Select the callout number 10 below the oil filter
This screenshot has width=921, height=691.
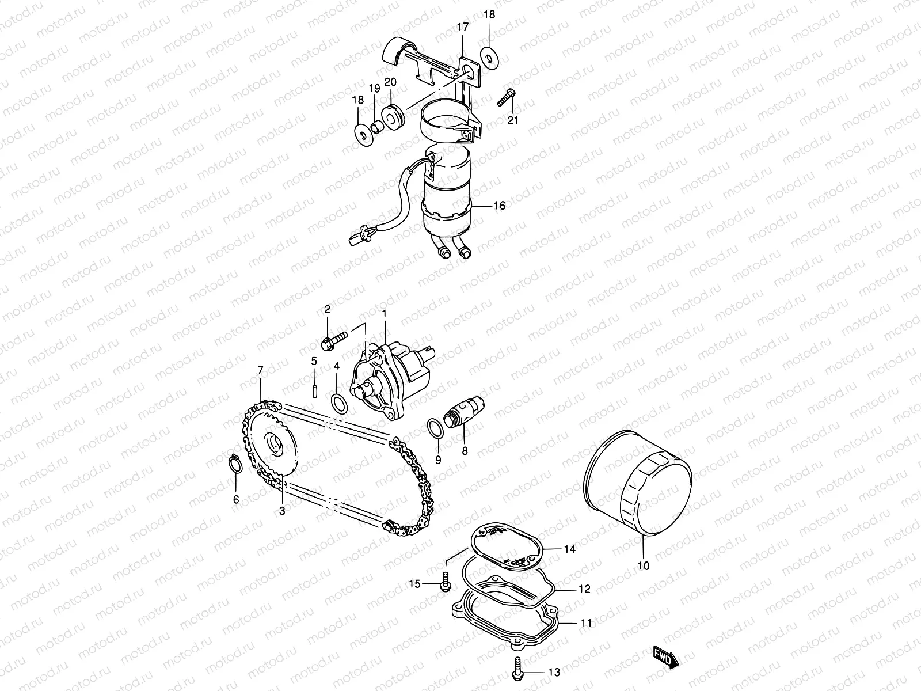tap(644, 566)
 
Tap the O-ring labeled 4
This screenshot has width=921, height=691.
tap(339, 403)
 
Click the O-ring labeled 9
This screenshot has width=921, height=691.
tap(436, 428)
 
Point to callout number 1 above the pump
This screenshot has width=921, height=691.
tap(385, 313)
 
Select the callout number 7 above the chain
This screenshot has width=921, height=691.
tap(260, 369)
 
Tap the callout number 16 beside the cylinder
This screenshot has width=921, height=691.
tap(499, 206)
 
